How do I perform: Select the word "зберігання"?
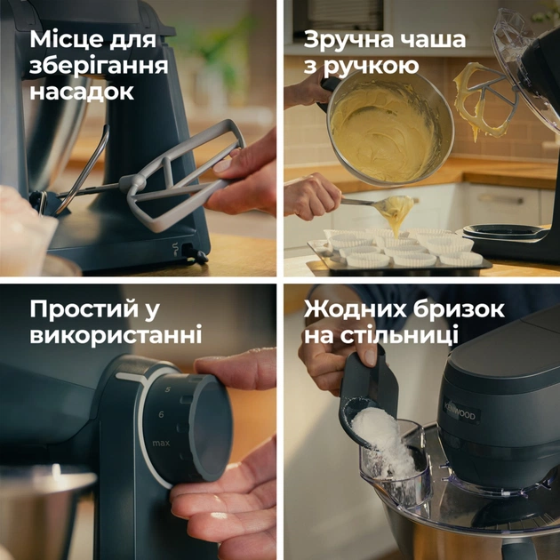point(99,67)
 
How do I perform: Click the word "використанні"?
point(116,335)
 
